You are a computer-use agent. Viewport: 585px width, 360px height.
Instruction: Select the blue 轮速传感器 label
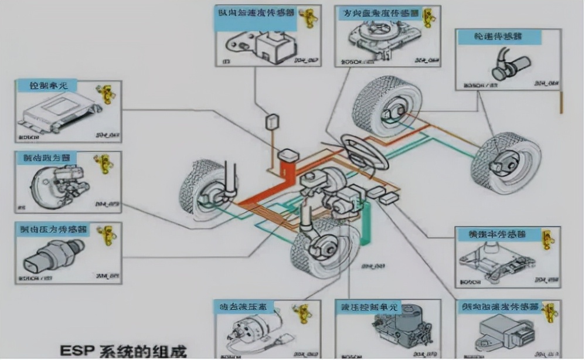[498, 36]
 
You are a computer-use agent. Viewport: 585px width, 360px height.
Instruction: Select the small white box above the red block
[273, 122]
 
